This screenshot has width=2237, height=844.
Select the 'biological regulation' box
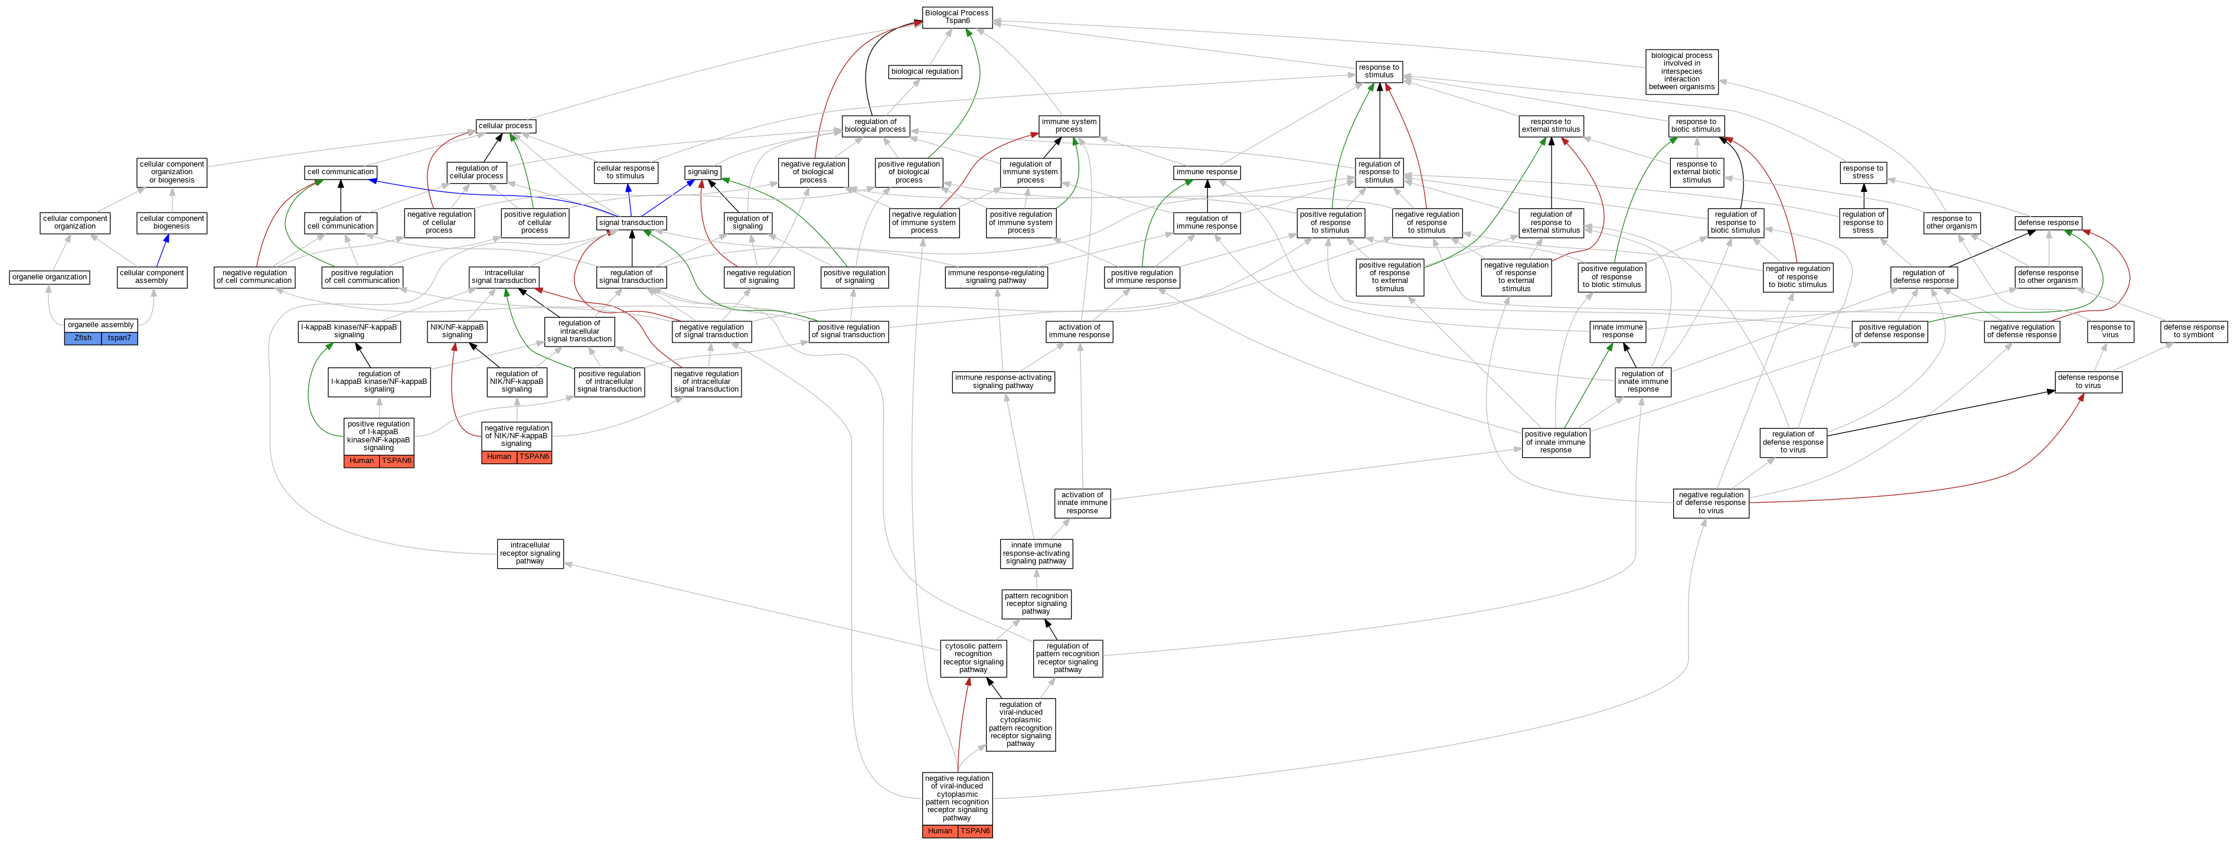tap(925, 72)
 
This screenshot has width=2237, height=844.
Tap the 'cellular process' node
tap(505, 126)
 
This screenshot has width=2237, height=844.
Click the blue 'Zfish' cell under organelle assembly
tap(83, 338)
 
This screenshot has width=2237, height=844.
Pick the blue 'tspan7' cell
tap(119, 338)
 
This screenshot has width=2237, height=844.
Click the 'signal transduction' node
tap(631, 223)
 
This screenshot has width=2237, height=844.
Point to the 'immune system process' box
tap(1069, 126)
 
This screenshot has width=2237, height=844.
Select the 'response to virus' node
tap(2110, 331)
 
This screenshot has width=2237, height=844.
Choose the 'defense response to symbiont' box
tap(2193, 331)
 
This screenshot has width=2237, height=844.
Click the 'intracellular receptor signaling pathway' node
tap(530, 553)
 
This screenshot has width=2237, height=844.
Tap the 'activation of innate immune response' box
tap(1082, 503)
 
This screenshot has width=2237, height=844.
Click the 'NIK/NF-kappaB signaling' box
tap(457, 331)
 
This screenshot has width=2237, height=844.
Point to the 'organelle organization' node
tap(50, 277)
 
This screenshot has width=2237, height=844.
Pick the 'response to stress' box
tap(1863, 172)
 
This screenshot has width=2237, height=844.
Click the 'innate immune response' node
tap(1617, 331)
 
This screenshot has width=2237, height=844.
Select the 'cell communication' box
tap(341, 172)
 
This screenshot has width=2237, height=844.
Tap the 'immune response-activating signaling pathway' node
tap(1003, 381)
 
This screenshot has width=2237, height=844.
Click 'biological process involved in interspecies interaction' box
tap(1681, 71)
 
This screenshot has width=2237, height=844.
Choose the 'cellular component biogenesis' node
tap(172, 222)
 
